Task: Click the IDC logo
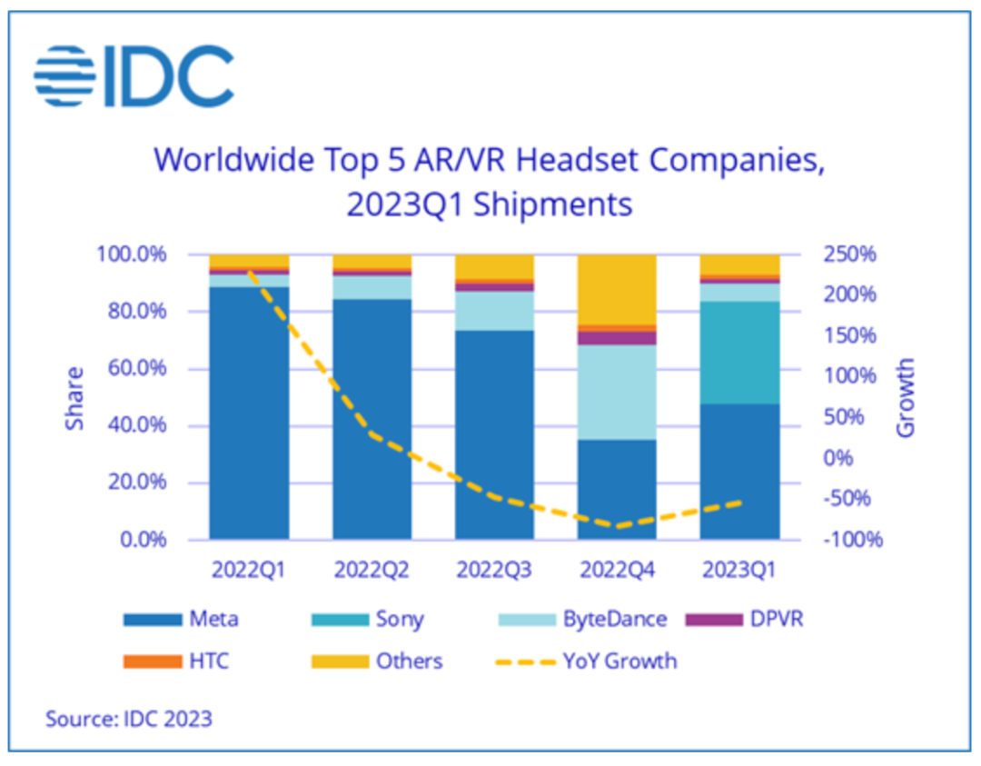click(134, 75)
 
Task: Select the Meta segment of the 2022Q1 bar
click(249, 413)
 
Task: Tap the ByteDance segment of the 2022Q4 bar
click(617, 393)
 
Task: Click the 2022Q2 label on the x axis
click(372, 570)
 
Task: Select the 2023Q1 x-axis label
click(739, 570)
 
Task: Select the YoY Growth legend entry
click(618, 661)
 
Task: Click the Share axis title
click(75, 398)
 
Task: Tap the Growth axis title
click(906, 397)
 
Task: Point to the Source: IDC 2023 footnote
click(129, 719)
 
